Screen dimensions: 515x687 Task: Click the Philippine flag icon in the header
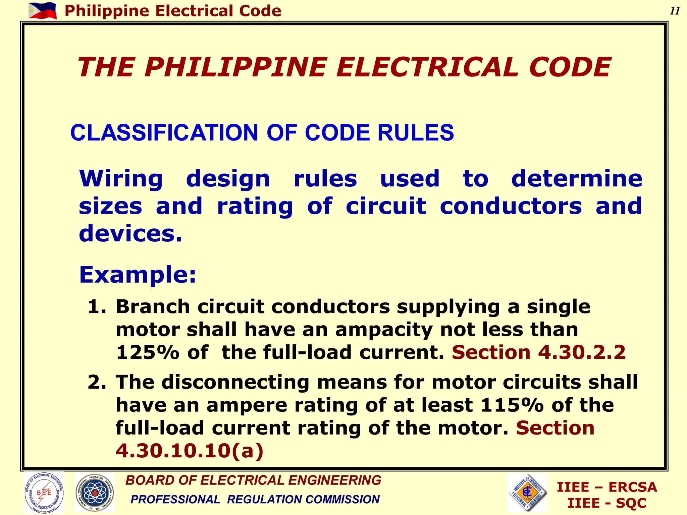coord(43,11)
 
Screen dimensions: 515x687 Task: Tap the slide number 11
coord(675,11)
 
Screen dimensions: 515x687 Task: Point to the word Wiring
coord(121,178)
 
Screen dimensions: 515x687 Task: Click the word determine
coord(577,178)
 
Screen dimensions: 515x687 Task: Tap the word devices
coord(130,233)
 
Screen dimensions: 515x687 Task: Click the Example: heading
coord(138,275)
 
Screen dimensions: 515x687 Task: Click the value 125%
coord(148,352)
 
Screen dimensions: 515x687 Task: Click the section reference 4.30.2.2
coord(582,352)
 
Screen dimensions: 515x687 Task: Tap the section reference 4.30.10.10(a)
coord(190,451)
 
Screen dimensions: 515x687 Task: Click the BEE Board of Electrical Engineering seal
coord(44,493)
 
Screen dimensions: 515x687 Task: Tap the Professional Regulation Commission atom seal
coord(94,493)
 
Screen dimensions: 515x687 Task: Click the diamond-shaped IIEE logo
coord(527,493)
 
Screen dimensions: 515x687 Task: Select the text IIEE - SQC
coord(607,503)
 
